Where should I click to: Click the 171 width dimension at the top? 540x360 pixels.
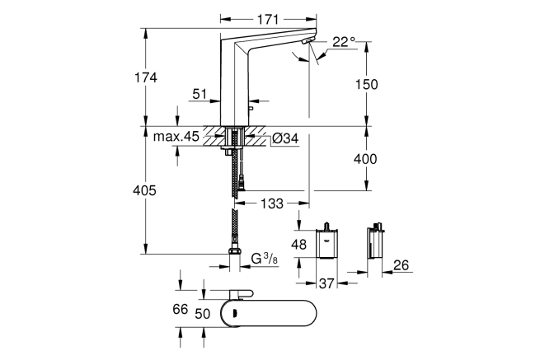tap(268, 19)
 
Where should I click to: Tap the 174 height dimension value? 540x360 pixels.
tap(146, 77)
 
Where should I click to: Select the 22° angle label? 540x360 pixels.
tap(344, 42)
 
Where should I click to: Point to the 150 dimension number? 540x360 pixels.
tap(366, 84)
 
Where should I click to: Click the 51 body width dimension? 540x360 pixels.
tap(200, 94)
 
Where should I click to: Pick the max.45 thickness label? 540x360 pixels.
tap(176, 137)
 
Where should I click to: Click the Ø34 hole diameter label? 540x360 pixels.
tap(285, 138)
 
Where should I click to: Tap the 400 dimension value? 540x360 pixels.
tap(365, 159)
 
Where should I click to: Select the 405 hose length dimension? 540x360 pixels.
tap(144, 190)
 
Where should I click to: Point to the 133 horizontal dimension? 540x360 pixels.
tap(272, 203)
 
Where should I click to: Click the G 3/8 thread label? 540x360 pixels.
tap(264, 259)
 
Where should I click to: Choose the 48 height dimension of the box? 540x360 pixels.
tap(298, 245)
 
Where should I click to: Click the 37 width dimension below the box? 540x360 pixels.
tap(326, 283)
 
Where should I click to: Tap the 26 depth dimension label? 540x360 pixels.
tap(401, 265)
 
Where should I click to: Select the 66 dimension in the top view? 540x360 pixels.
tap(181, 309)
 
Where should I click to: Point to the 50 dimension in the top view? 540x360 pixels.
tap(203, 314)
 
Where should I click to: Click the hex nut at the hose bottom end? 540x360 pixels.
tap(234, 251)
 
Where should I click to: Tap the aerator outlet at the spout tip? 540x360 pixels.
tap(306, 42)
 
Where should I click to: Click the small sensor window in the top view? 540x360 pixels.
tap(236, 314)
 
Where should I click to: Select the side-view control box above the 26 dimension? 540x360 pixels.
tap(375, 241)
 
